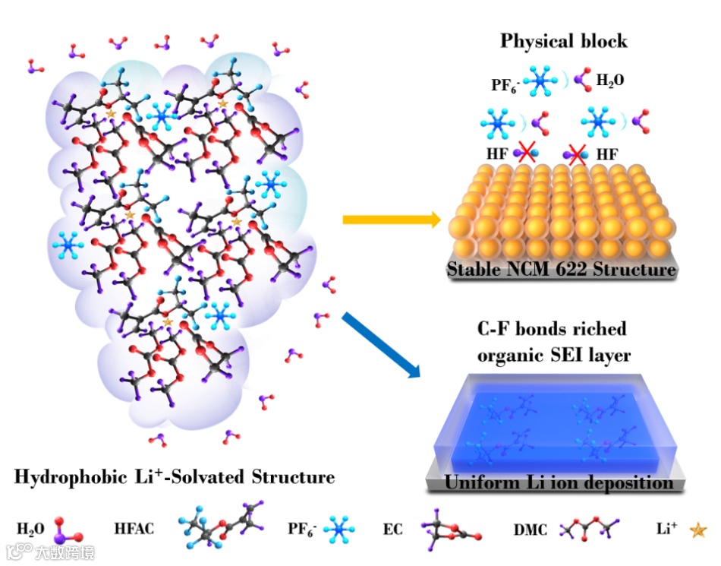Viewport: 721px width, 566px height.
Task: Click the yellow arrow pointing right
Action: click(392, 220)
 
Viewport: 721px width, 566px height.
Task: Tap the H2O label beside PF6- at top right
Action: click(610, 79)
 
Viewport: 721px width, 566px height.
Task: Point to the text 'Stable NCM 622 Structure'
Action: click(561, 269)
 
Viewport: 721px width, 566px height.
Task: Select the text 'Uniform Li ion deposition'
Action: click(559, 482)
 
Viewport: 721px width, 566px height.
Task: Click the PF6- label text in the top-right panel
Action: click(504, 85)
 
